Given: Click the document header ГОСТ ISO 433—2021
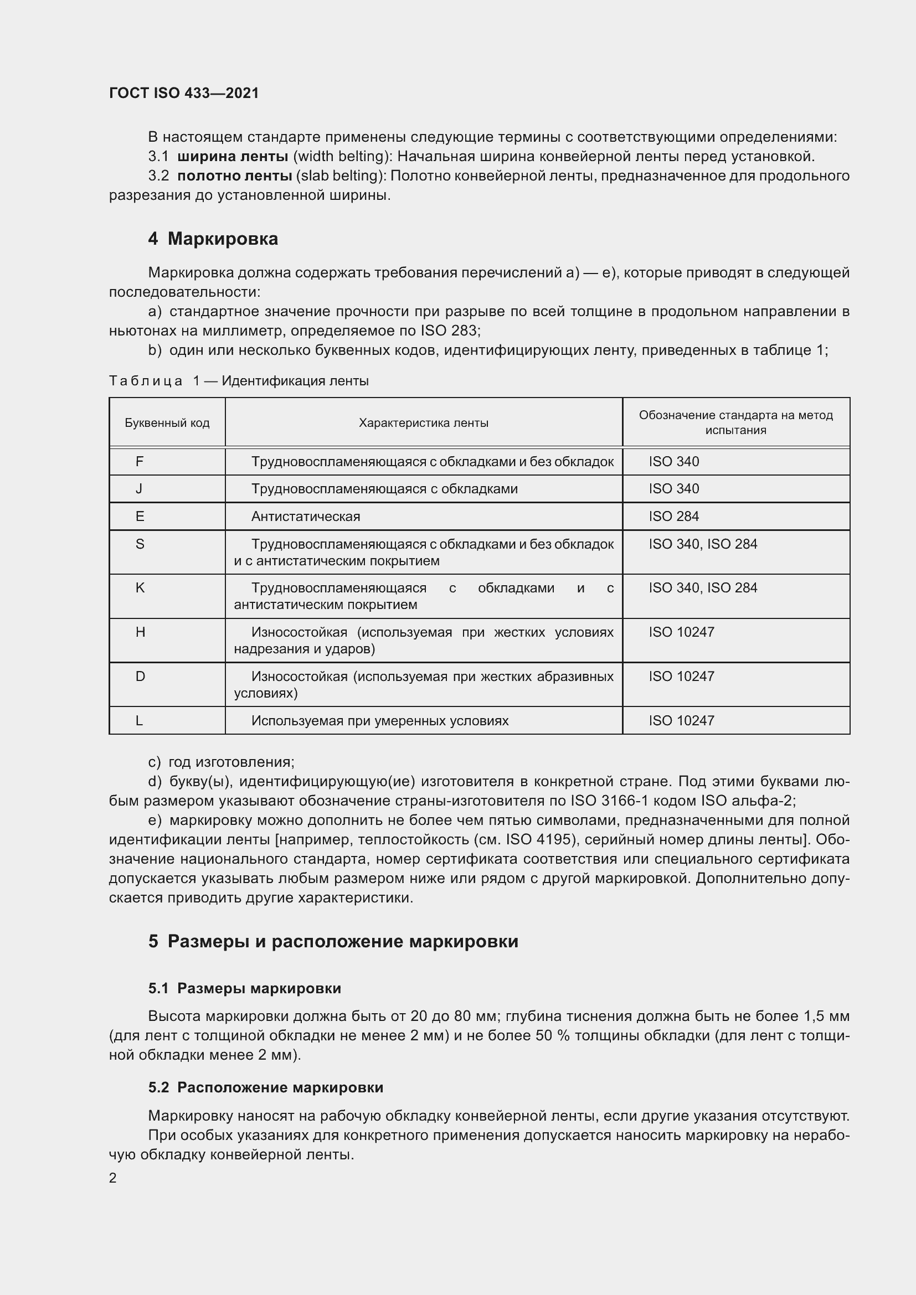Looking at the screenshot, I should click(x=184, y=93).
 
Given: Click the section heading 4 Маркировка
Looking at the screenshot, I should click(x=213, y=239).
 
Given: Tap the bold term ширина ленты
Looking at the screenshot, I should click(x=233, y=156).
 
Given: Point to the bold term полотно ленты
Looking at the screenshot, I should click(x=235, y=176).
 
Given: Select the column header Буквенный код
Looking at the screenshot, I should click(x=167, y=423).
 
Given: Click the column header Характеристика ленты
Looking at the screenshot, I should click(x=424, y=423).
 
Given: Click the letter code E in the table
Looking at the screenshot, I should click(x=140, y=517).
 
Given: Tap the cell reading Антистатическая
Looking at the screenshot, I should click(x=306, y=517).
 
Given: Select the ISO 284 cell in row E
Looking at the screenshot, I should click(x=673, y=517).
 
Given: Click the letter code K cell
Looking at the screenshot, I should click(x=140, y=589).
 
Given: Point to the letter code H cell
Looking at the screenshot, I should click(x=140, y=632).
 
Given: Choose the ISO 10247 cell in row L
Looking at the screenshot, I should click(x=681, y=721).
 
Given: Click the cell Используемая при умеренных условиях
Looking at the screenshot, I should click(x=379, y=721).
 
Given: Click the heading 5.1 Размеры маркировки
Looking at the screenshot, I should click(x=245, y=988).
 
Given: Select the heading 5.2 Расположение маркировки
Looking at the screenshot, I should click(x=266, y=1087).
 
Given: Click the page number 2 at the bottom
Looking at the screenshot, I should click(x=113, y=1178).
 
